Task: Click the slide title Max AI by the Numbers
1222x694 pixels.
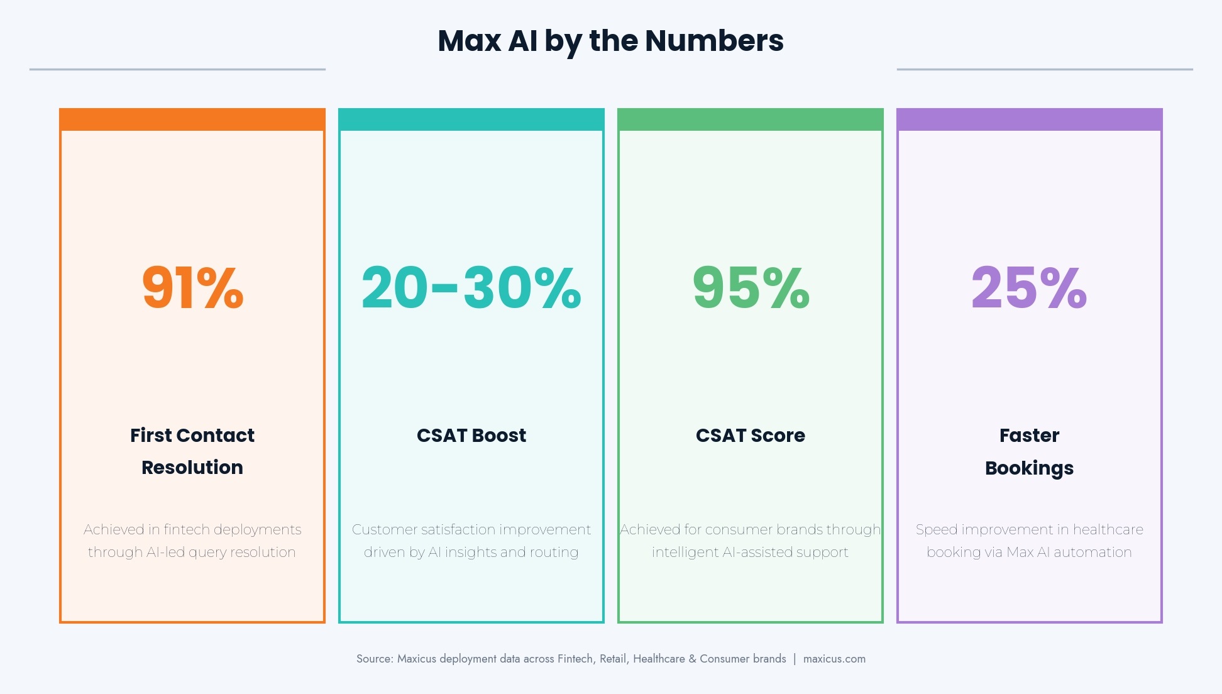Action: (x=610, y=41)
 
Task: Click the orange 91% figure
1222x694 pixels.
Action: (x=192, y=288)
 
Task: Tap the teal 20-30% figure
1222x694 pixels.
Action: (x=471, y=288)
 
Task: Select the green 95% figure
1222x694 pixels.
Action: (x=751, y=288)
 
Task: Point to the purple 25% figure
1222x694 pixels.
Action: (x=1029, y=288)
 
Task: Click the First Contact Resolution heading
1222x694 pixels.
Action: (x=192, y=451)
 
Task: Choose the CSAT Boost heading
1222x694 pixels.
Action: (x=471, y=435)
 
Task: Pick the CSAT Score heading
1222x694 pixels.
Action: (x=751, y=435)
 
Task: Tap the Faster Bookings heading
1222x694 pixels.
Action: (x=1029, y=451)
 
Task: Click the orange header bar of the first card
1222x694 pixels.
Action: (x=192, y=119)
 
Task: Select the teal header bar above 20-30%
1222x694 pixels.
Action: (x=471, y=119)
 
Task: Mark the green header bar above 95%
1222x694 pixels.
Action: (x=751, y=119)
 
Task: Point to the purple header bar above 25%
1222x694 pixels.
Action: (x=1030, y=119)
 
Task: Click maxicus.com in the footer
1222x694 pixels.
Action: (x=834, y=659)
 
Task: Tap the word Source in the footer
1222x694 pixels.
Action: (x=374, y=659)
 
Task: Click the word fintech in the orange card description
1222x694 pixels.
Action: (x=186, y=529)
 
